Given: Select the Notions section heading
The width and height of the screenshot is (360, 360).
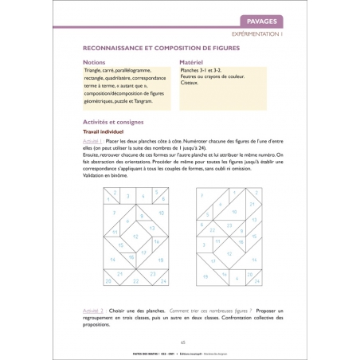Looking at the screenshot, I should (93, 62).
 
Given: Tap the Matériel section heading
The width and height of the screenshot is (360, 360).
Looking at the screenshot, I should (194, 62).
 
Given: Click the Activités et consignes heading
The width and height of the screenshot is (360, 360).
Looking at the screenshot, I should (114, 123).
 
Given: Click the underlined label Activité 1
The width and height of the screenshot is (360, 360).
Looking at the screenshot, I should (94, 140).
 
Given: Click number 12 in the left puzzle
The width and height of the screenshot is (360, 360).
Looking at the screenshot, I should (136, 237).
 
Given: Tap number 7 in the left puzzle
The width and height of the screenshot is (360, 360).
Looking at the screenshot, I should (115, 213).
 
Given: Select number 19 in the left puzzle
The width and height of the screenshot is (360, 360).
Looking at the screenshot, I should (162, 260).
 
